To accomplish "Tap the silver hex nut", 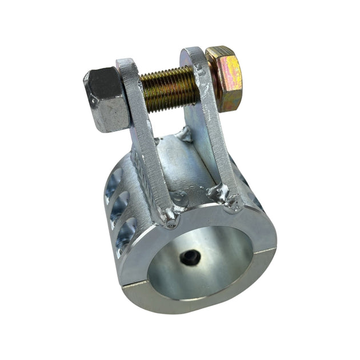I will point(105,100).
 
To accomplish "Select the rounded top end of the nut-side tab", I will point(127,64).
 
